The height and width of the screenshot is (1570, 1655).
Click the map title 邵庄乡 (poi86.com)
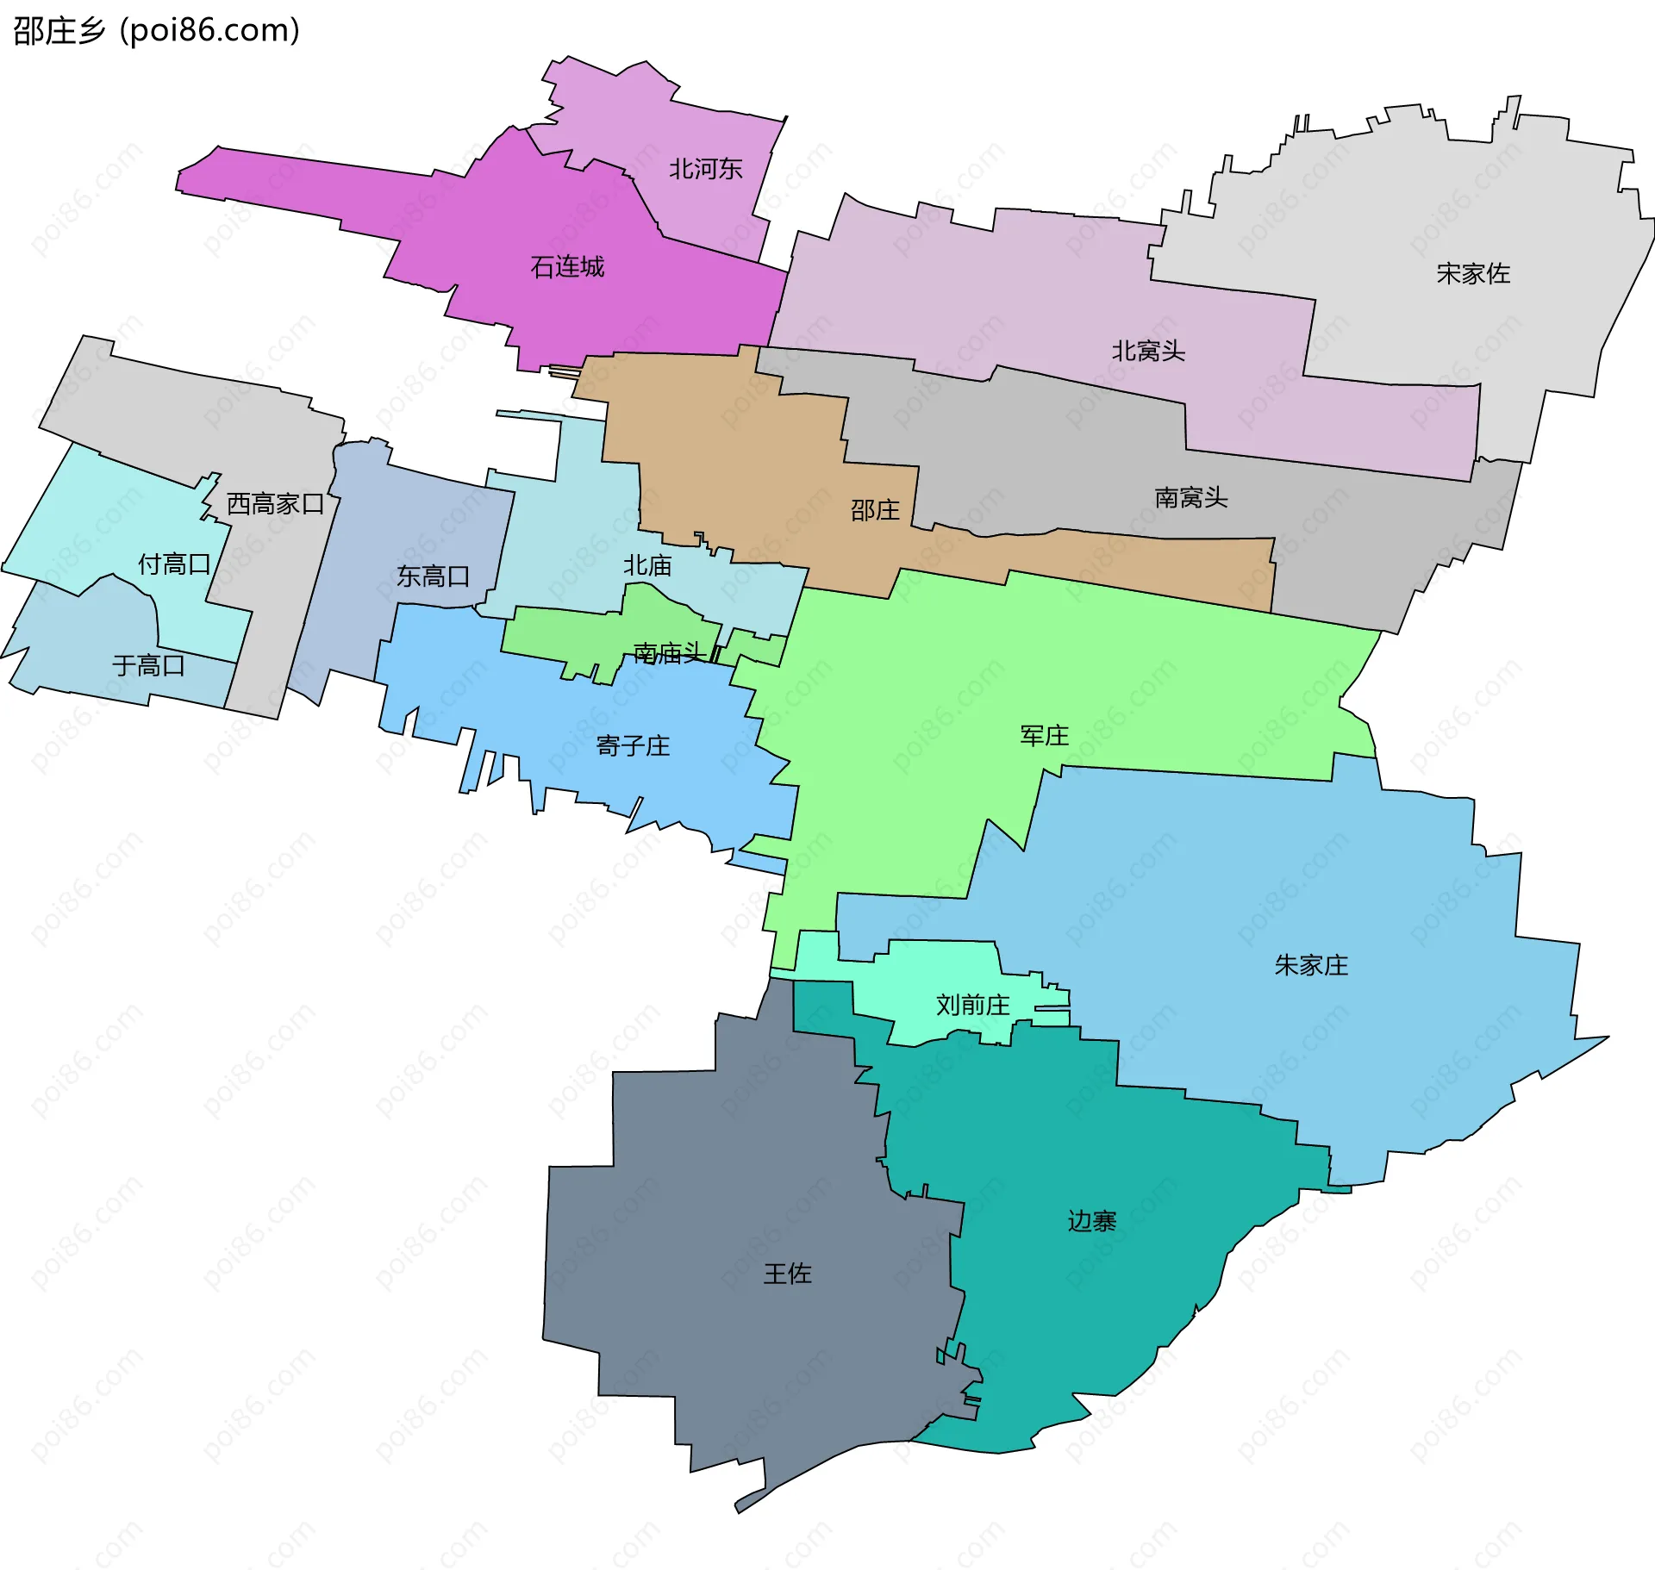pos(156,31)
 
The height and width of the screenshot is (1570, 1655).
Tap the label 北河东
pos(705,169)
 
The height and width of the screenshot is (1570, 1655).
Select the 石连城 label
pos(567,267)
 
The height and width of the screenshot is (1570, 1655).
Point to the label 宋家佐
pos(1473,274)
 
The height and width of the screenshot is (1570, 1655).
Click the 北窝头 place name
pos(1148,352)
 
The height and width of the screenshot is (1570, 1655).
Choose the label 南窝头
pos(1190,498)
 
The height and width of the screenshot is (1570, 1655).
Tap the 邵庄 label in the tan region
pos(875,511)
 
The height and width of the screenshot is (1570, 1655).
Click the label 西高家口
pos(275,504)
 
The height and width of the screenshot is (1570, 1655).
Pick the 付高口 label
pos(174,564)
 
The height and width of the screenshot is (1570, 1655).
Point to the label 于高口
pos(148,666)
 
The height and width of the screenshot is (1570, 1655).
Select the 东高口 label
pos(433,576)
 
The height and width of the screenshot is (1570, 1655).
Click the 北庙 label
pos(647,566)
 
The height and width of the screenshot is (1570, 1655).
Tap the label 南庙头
pos(669,653)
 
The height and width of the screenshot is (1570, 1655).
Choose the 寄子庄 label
pos(633,746)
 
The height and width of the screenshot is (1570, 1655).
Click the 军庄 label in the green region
pos(1044,736)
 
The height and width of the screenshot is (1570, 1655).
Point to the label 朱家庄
pos(1311,965)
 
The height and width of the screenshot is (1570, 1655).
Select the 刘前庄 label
pos(972,1006)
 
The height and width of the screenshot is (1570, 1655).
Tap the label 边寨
pos(1092,1221)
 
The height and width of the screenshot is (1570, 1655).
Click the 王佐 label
pos(787,1274)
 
